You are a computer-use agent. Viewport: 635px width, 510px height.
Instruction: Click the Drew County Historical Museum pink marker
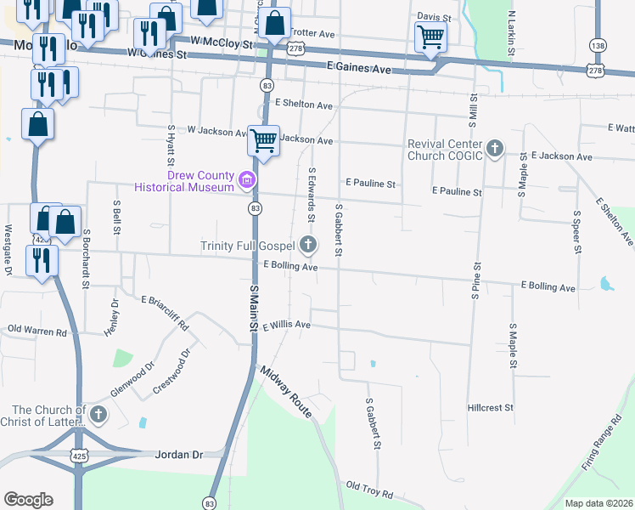247,180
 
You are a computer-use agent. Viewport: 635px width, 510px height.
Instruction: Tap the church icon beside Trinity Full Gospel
308,246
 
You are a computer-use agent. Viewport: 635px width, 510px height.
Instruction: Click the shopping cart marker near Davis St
430,37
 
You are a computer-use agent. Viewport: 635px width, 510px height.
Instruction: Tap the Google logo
28,500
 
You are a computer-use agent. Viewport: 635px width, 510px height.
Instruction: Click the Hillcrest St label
491,408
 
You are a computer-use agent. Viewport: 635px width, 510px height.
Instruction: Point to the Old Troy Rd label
369,490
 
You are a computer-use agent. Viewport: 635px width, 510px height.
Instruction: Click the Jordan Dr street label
179,455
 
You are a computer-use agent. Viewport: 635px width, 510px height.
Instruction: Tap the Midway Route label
288,391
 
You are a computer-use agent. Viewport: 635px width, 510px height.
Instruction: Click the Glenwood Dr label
132,380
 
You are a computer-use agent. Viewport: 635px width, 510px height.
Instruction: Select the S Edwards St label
312,189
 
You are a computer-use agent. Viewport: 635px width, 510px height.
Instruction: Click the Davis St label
433,17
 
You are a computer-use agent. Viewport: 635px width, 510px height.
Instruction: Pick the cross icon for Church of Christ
98,415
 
